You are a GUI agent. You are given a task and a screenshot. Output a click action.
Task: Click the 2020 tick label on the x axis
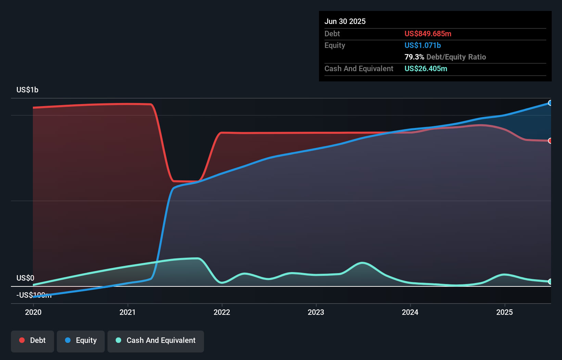33,312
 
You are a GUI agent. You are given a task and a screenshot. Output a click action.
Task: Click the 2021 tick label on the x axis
127,312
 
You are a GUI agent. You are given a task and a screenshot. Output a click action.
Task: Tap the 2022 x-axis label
222,312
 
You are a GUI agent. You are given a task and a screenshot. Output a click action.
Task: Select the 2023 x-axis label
316,312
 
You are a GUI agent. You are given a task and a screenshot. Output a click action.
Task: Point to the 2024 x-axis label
410,312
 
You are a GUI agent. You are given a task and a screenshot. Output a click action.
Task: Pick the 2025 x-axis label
504,312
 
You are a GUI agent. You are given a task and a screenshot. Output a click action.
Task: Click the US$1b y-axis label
27,90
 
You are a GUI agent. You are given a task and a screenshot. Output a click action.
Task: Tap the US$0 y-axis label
25,278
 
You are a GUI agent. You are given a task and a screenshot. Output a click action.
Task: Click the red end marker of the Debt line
550,141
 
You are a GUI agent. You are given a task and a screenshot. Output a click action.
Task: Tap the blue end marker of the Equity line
550,103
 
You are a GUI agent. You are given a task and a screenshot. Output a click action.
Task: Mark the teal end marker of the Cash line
550,282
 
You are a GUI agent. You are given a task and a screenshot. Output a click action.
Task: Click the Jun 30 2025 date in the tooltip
345,21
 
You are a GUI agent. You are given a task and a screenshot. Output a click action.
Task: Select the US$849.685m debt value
428,34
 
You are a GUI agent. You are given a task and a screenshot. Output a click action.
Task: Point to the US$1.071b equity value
422,45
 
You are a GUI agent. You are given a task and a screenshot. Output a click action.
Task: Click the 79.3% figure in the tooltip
414,57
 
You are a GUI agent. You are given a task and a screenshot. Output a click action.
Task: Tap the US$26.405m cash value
426,68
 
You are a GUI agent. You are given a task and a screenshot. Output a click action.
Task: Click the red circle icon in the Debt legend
22,340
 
